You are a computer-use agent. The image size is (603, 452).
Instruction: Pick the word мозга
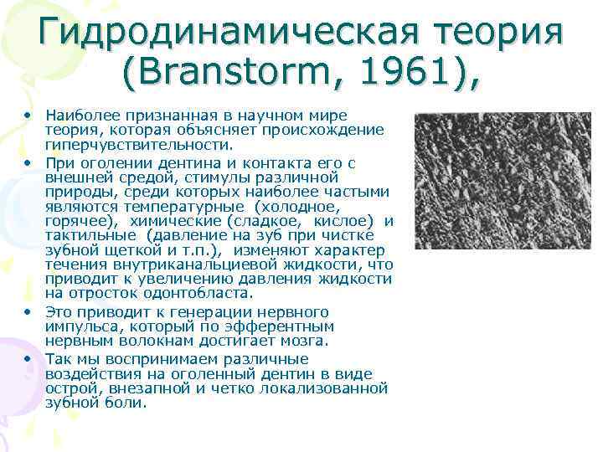point(307,342)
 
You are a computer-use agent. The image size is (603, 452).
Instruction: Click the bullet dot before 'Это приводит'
point(28,311)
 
